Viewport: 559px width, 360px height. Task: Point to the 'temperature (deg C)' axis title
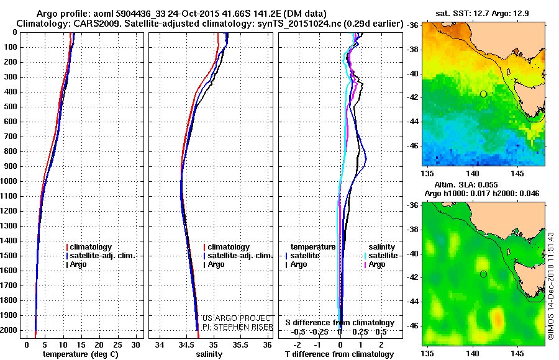[x=80, y=354]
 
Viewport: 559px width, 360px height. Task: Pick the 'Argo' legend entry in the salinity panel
[x=216, y=264]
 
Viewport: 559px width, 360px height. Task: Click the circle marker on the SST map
[x=483, y=94]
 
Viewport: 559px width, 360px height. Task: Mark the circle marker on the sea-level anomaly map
[x=483, y=274]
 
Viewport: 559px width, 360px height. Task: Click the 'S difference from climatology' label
[x=340, y=323]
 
